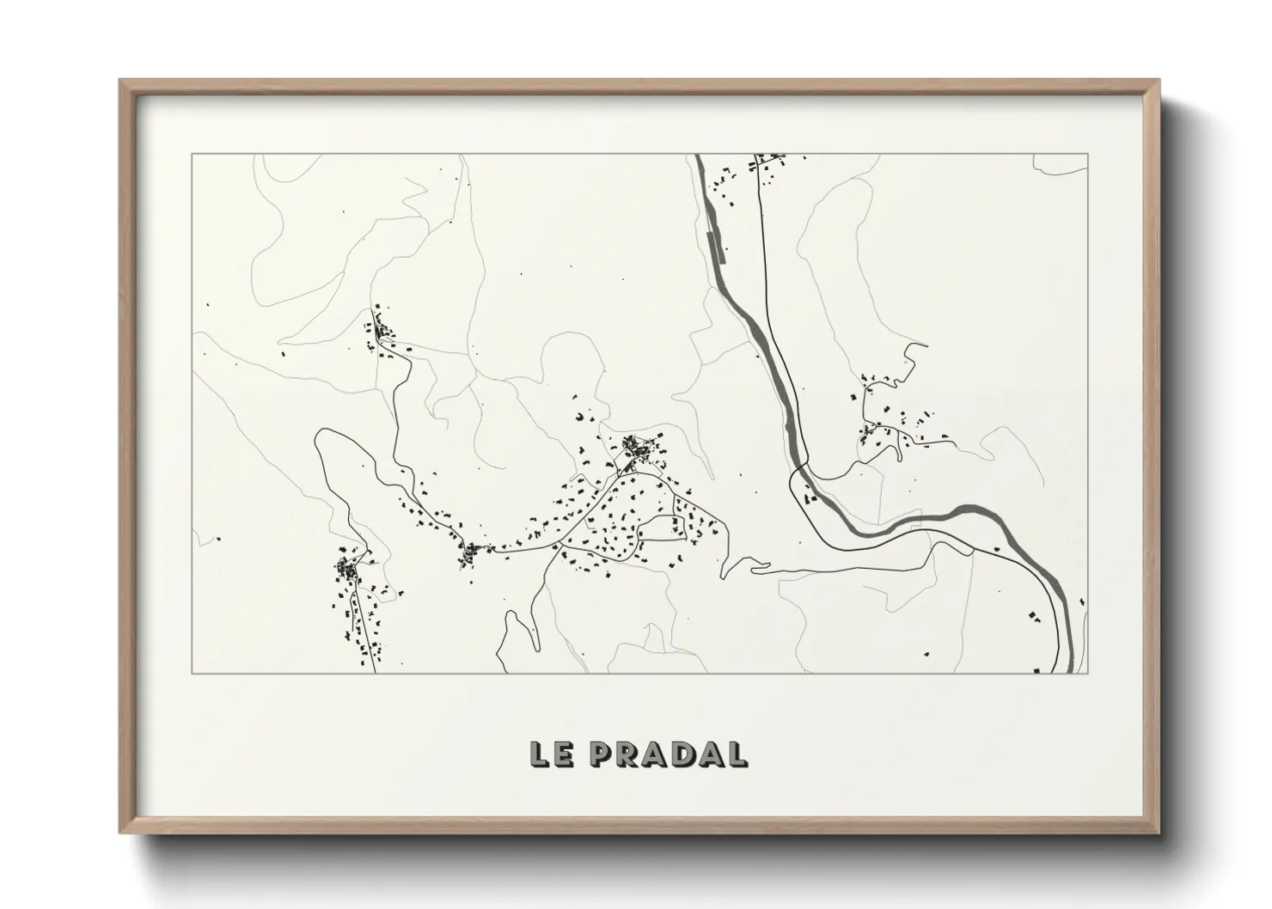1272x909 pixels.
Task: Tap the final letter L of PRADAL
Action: click(736, 754)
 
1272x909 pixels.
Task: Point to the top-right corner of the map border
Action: click(1088, 155)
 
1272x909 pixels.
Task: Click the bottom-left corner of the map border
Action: click(193, 673)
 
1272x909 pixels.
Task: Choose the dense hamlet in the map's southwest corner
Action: click(348, 569)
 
